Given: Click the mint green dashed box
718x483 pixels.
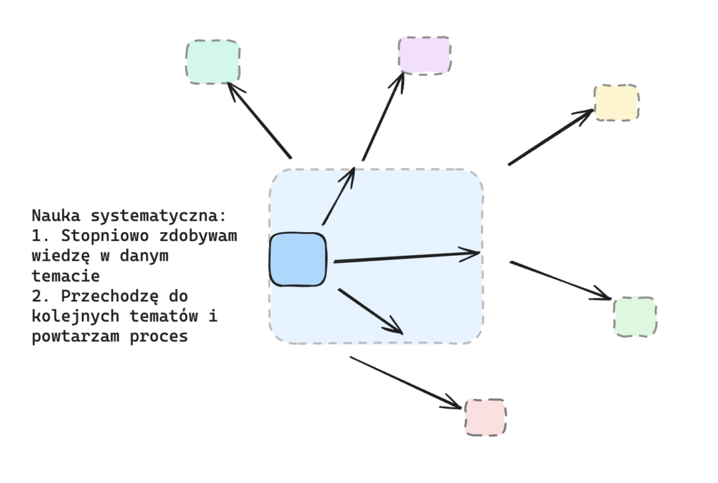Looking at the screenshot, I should click(x=213, y=62).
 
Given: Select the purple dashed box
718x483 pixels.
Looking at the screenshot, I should click(x=424, y=55).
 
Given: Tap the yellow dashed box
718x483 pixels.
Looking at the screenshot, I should click(x=616, y=103).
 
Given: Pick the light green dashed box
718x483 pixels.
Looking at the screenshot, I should click(x=635, y=317).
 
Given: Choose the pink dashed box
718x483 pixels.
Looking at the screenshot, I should click(x=485, y=417).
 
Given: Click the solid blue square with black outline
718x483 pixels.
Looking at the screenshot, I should click(x=298, y=259).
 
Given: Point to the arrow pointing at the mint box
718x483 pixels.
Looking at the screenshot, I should click(x=259, y=120).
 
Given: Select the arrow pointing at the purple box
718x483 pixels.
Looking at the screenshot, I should click(x=383, y=117).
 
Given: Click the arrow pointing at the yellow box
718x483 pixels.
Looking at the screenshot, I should click(x=550, y=137).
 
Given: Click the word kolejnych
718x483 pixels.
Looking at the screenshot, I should click(x=76, y=316).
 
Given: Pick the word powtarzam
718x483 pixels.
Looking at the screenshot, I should click(x=76, y=336).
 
